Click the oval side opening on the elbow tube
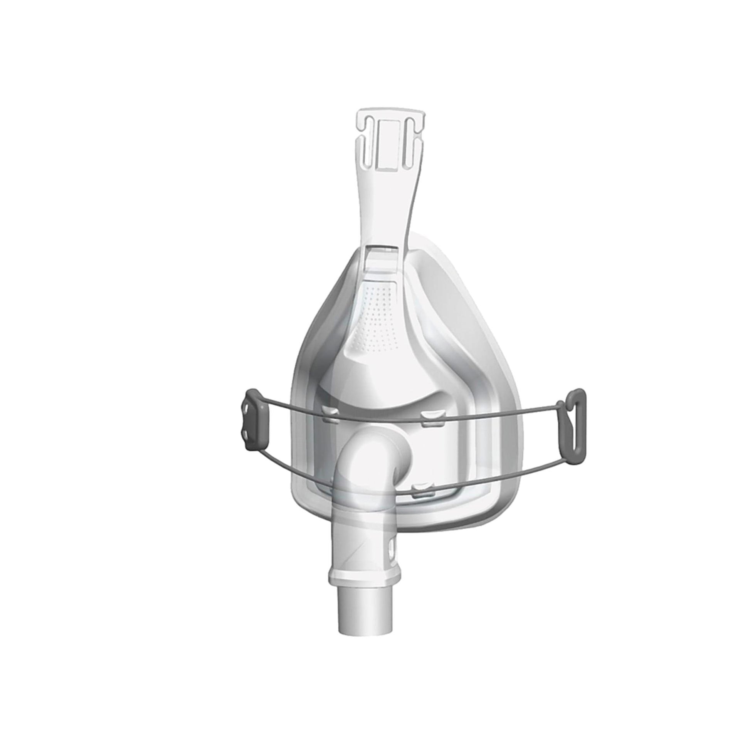(394, 545)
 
